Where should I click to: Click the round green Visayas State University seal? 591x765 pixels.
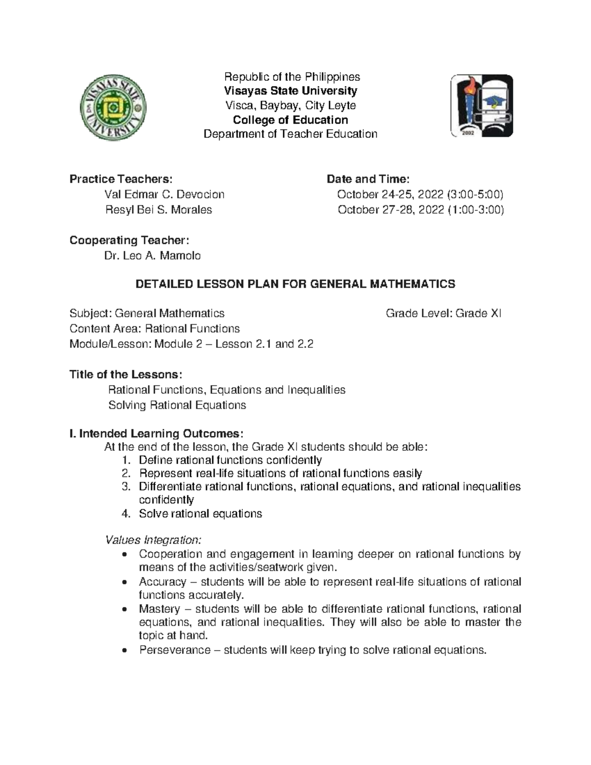pyautogui.click(x=113, y=106)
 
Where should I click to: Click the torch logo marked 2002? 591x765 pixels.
pyautogui.click(x=482, y=105)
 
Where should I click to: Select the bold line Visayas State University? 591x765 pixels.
pyautogui.click(x=291, y=91)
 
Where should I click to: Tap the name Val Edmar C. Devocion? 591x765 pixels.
pyautogui.click(x=164, y=194)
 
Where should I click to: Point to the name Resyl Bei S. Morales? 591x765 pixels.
pyautogui.click(x=159, y=210)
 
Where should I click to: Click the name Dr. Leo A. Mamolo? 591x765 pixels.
pyautogui.click(x=152, y=256)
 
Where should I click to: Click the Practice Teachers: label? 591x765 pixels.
pyautogui.click(x=121, y=179)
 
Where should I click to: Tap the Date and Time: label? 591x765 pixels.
pyautogui.click(x=368, y=179)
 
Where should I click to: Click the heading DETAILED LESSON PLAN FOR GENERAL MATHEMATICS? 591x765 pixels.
pyautogui.click(x=295, y=284)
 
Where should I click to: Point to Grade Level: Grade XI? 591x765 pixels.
pyautogui.click(x=443, y=313)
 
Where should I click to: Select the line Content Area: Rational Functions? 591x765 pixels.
pyautogui.click(x=155, y=329)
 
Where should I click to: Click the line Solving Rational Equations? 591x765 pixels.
pyautogui.click(x=177, y=405)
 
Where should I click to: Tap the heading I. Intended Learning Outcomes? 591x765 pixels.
pyautogui.click(x=156, y=433)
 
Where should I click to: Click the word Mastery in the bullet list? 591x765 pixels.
pyautogui.click(x=159, y=609)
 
